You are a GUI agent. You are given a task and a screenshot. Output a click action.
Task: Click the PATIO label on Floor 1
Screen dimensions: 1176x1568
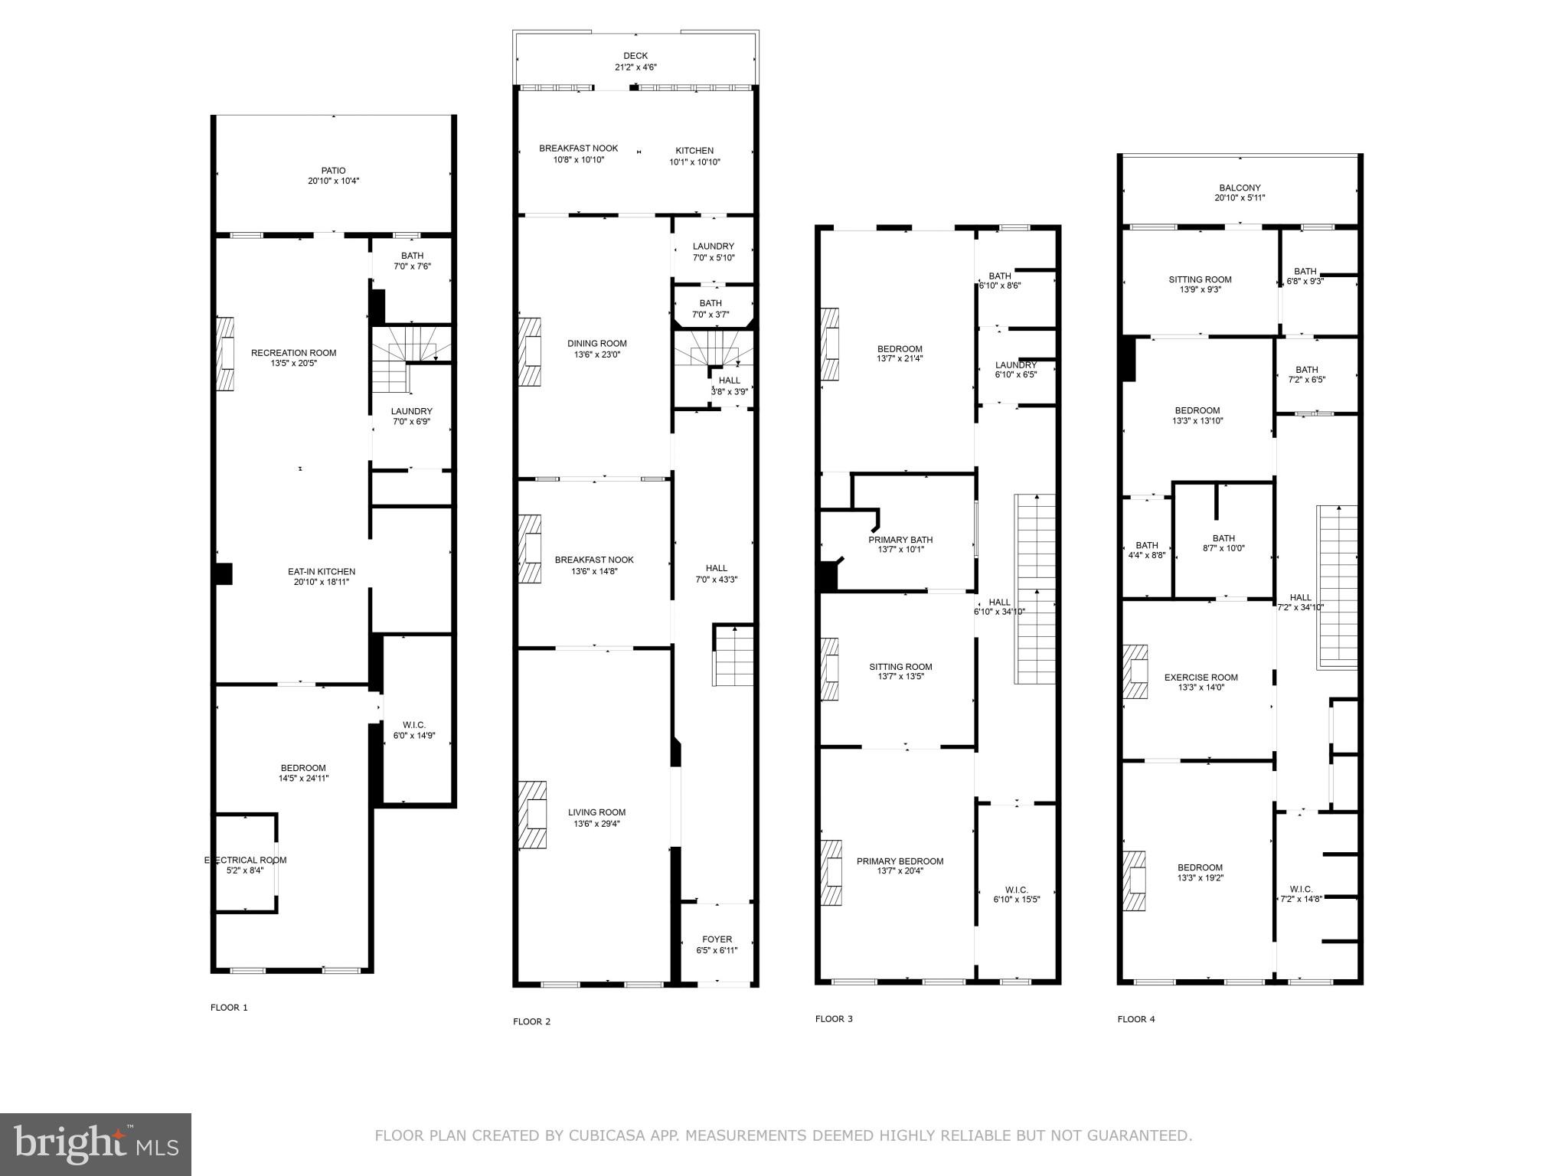[x=333, y=171]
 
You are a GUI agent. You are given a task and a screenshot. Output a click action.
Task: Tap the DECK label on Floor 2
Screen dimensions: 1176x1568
[x=635, y=56]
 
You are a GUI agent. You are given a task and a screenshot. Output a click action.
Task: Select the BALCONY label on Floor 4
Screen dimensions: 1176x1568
[x=1240, y=188]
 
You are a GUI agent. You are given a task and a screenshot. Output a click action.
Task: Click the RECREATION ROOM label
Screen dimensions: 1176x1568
[x=293, y=353]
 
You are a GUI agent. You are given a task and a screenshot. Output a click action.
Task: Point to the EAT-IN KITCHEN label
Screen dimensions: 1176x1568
[x=322, y=571]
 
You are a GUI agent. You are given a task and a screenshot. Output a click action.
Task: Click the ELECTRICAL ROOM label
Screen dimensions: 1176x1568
[x=245, y=860]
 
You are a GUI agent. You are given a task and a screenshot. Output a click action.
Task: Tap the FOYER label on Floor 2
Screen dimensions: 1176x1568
[x=717, y=939]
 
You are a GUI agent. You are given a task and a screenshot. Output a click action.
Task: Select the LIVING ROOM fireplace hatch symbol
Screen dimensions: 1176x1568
[x=533, y=815]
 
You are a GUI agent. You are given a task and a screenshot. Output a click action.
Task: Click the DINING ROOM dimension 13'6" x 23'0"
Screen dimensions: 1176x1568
[x=596, y=354]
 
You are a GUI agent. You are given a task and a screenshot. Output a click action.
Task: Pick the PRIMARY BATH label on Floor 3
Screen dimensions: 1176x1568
[x=900, y=540]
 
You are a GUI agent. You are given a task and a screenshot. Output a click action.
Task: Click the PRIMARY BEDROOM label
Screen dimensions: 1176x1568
[x=900, y=861]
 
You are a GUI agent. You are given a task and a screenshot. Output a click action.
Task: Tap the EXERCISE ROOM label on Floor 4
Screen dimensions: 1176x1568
[x=1200, y=678]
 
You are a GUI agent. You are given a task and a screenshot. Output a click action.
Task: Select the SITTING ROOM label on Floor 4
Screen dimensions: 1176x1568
[x=1200, y=279]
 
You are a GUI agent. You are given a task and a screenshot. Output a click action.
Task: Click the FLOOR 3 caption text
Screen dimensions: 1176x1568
[x=834, y=1019]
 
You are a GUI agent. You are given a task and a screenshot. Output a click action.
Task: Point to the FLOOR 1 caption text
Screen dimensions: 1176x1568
[x=229, y=1008]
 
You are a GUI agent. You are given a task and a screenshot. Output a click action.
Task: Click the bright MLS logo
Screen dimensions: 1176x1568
[x=96, y=1144]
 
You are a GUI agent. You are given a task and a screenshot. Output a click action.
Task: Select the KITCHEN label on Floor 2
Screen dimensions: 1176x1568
[x=694, y=151]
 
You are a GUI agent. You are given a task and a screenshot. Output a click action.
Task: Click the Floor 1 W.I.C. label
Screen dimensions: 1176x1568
[x=414, y=725]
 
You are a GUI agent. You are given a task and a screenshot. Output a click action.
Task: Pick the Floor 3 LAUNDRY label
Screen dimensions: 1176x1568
[x=1016, y=365]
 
